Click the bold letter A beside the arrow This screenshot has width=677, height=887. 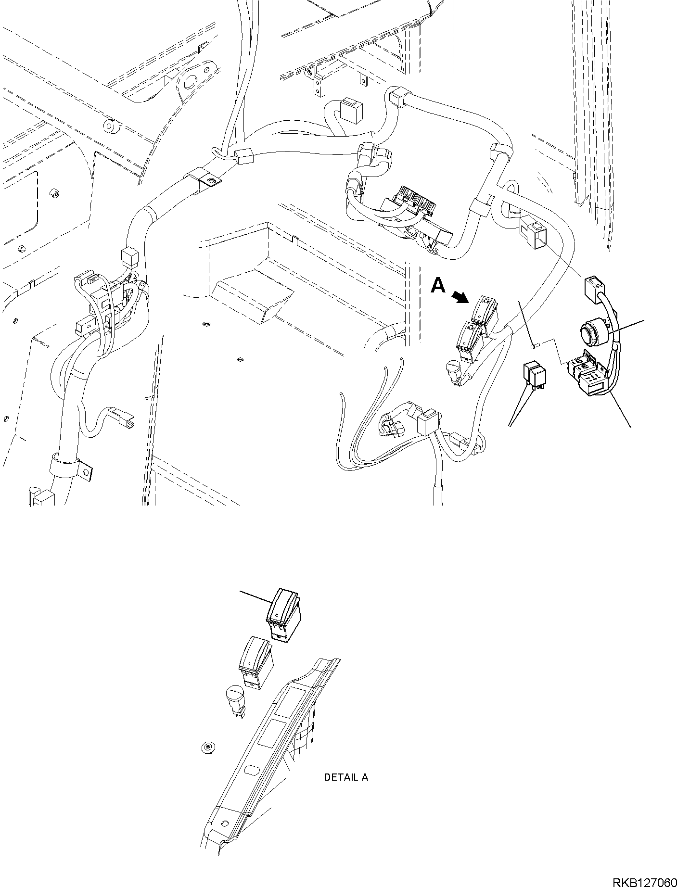point(438,285)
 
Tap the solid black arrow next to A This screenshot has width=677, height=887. point(461,297)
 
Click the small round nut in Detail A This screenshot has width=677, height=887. point(207,761)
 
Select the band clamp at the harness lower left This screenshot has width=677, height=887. point(71,467)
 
